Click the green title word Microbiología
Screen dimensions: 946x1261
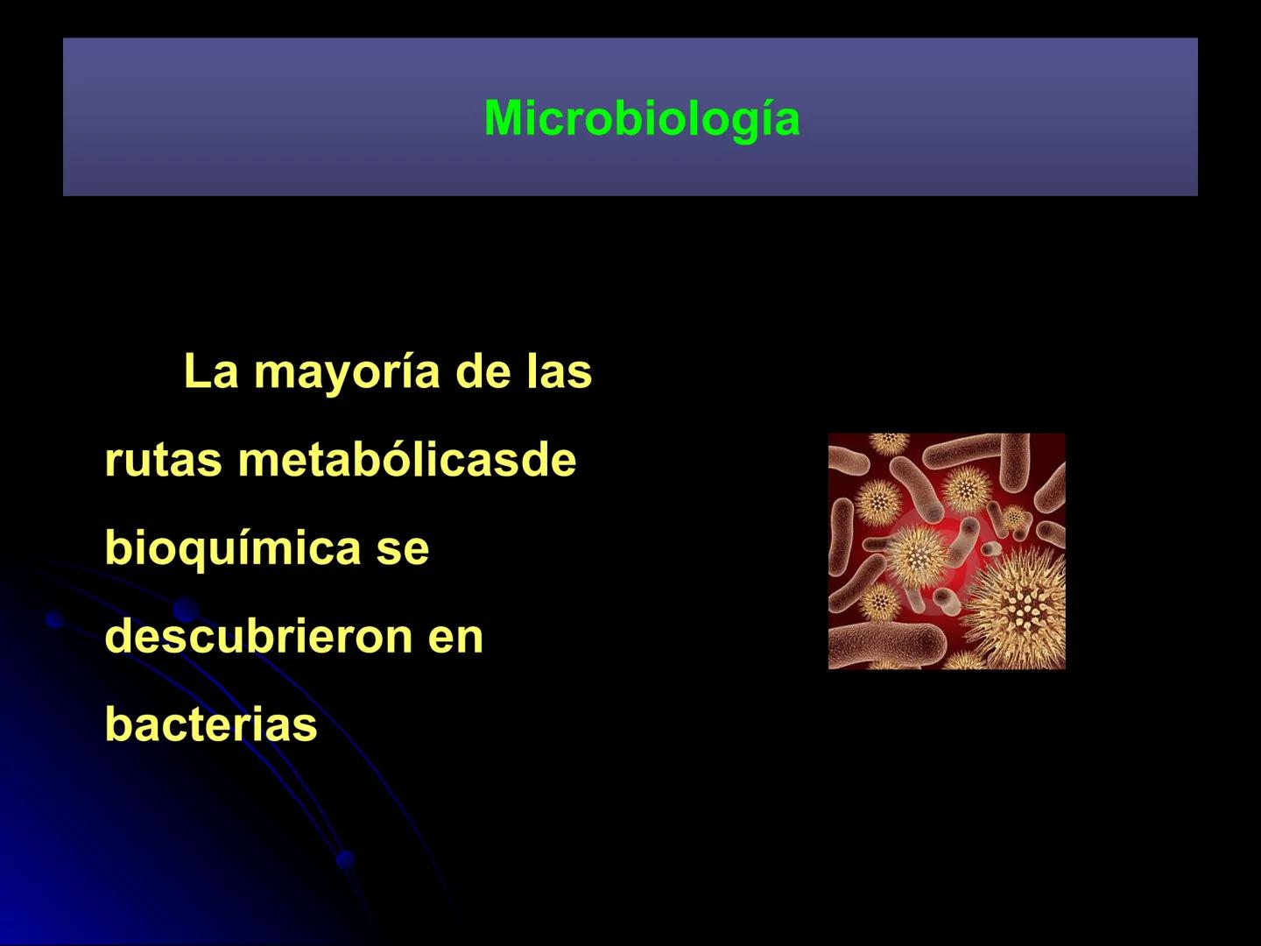641,118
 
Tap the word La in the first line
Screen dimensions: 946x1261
211,371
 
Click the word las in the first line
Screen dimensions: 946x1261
559,371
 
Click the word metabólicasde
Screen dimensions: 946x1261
406,460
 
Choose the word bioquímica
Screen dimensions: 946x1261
232,549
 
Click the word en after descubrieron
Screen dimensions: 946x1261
455,638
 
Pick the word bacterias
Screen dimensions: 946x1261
211,724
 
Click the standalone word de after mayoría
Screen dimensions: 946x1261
483,371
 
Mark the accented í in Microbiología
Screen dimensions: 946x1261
764,118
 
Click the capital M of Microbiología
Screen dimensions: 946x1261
503,118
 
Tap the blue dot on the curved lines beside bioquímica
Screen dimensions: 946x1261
184,609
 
